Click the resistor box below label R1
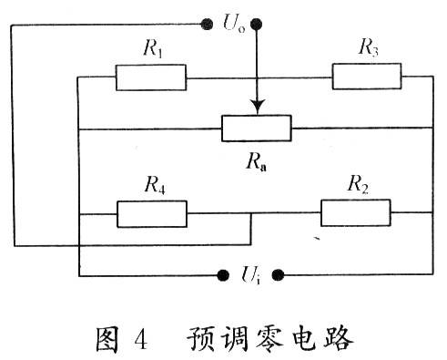(151, 77)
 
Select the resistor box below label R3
(367, 77)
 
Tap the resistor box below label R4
(152, 214)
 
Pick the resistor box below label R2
(356, 212)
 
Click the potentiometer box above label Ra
(257, 129)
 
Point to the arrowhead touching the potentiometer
(258, 107)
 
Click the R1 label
(153, 48)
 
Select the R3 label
(368, 47)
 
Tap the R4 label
(155, 185)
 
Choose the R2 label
(358, 184)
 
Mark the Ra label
(257, 162)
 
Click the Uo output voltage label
(234, 23)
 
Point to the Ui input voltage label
(250, 274)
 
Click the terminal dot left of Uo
(207, 24)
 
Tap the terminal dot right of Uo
(256, 24)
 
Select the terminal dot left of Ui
(223, 275)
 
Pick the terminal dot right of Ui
(278, 275)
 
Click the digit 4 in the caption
(141, 339)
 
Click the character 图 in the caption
(107, 339)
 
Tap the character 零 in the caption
(269, 339)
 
